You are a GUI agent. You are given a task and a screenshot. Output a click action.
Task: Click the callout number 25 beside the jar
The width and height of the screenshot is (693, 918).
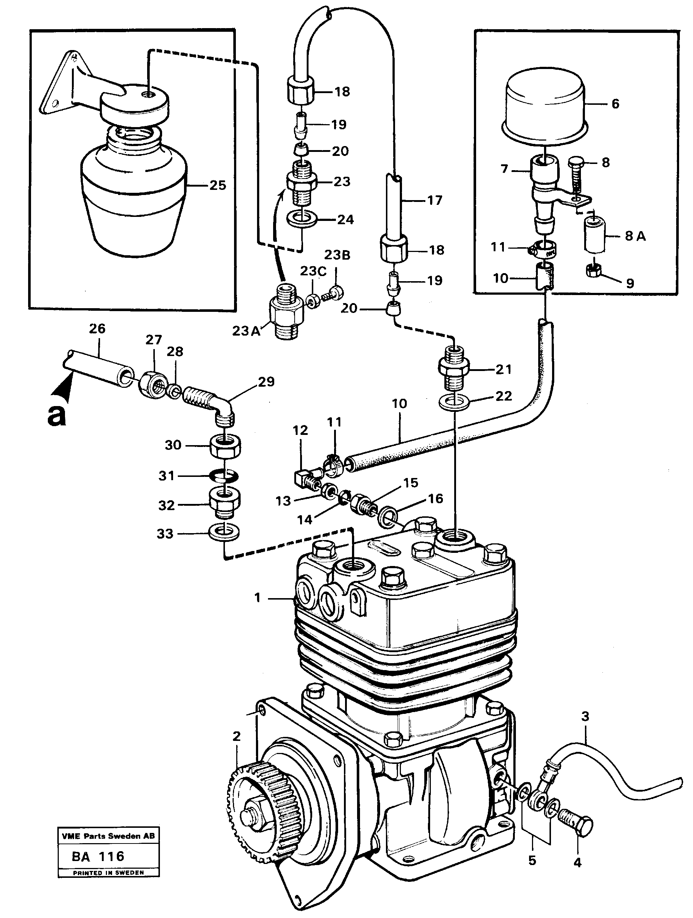[x=218, y=185]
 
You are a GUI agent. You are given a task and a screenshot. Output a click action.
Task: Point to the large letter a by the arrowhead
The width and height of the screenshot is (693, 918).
[x=57, y=415]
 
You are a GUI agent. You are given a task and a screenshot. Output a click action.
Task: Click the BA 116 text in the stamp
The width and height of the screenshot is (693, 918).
[x=98, y=856]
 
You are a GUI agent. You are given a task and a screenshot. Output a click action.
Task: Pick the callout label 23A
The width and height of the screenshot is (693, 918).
[x=246, y=331]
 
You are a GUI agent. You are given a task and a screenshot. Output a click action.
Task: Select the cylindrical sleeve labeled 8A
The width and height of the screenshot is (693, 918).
[x=594, y=236]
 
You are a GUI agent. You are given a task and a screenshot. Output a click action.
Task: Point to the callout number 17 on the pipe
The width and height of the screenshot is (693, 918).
[x=434, y=200]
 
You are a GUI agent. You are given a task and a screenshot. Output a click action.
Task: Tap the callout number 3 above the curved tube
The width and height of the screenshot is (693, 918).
[x=585, y=716]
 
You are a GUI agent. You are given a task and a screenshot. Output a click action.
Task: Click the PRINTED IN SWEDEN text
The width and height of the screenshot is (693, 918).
[x=108, y=873]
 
